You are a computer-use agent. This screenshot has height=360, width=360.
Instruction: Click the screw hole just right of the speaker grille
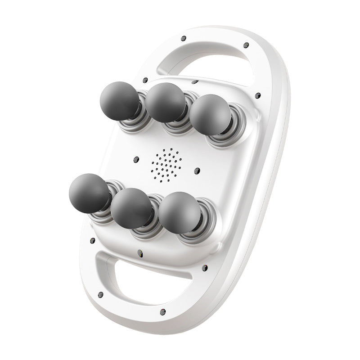[x=197, y=171]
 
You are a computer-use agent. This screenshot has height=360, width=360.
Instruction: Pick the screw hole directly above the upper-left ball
[x=145, y=81]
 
